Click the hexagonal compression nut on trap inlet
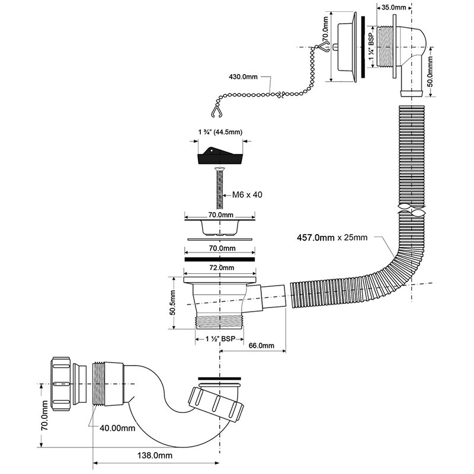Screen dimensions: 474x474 pos(68,383)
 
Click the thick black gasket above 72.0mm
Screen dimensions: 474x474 pos(220,259)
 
